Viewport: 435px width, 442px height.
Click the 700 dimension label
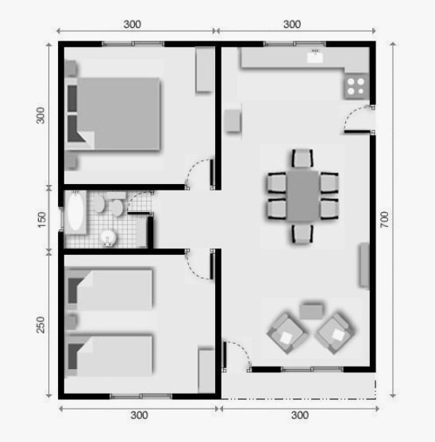click(x=384, y=219)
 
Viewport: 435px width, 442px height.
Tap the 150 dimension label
click(x=41, y=220)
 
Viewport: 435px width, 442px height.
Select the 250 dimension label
click(x=40, y=325)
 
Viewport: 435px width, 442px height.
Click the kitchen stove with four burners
click(x=356, y=86)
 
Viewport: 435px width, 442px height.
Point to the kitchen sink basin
click(x=314, y=57)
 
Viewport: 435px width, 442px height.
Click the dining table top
click(x=303, y=195)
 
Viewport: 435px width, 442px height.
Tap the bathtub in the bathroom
click(x=75, y=212)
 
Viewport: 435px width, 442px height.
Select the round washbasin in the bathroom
click(x=108, y=237)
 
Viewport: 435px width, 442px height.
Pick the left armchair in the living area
click(x=287, y=333)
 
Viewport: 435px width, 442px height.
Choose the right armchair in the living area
click(x=335, y=333)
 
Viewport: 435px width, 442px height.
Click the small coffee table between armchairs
click(x=311, y=311)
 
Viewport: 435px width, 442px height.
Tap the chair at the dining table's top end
click(x=302, y=158)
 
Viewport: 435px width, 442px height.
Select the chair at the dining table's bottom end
click(x=302, y=233)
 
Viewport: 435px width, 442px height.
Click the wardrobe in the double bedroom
click(x=205, y=69)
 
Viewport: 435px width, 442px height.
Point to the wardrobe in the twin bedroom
click(x=206, y=371)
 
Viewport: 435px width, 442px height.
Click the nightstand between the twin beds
click(x=71, y=321)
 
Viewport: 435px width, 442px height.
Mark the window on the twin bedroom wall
click(x=141, y=396)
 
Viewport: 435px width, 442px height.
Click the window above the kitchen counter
click(x=294, y=44)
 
